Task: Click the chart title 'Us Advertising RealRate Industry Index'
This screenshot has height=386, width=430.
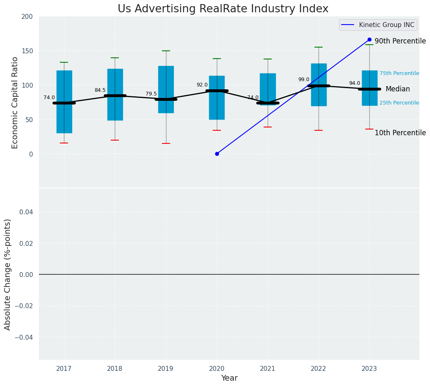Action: [x=223, y=9]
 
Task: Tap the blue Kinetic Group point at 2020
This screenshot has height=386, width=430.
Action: [x=217, y=154]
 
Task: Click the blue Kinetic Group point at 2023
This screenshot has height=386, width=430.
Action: [x=369, y=40]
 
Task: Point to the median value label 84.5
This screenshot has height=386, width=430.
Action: [x=100, y=90]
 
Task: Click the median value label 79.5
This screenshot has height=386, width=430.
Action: [x=151, y=94]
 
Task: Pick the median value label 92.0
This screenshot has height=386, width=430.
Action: [x=202, y=85]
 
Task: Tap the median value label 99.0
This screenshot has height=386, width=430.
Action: [x=304, y=79]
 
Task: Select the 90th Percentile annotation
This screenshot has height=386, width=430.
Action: [x=400, y=41]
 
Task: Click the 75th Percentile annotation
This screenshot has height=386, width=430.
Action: [x=399, y=73]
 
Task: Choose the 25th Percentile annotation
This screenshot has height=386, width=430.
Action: [x=399, y=103]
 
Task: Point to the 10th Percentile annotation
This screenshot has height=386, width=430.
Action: [x=400, y=133]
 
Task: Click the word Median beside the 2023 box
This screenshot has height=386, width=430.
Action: [x=398, y=89]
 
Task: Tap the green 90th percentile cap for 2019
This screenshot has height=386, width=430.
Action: [x=166, y=51]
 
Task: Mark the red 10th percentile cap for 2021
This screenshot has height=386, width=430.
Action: [x=268, y=127]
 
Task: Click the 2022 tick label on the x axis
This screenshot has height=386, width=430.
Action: [x=319, y=369]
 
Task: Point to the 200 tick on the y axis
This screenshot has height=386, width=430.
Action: [x=27, y=16]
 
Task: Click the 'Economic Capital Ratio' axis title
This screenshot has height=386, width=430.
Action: [x=15, y=102]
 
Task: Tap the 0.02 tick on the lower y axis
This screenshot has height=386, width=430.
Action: [x=25, y=243]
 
